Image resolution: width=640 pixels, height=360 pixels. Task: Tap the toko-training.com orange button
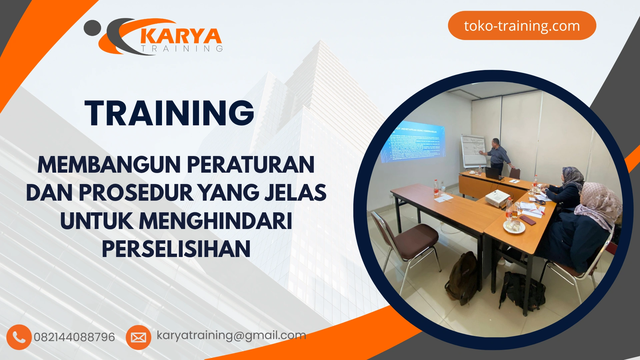522,26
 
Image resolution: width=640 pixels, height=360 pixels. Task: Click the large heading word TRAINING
169,113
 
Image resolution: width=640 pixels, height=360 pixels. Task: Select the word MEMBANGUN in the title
109,165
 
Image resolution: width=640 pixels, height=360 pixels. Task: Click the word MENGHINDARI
215,221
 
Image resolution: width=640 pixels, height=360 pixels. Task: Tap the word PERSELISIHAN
176,249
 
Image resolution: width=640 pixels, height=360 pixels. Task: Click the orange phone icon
19,337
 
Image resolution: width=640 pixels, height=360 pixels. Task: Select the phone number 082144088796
74,337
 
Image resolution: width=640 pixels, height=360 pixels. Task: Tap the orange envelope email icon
138,337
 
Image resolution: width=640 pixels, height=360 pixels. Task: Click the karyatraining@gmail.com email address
231,335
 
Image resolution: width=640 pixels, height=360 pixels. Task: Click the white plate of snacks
514,227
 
